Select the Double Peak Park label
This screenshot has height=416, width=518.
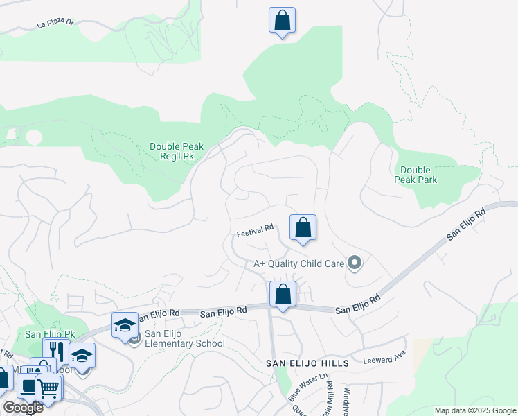coord(416,175)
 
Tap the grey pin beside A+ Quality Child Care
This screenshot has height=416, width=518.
coord(355,263)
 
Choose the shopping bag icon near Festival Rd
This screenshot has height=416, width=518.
coord(303,228)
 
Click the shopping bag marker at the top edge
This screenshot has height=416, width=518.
coord(282,21)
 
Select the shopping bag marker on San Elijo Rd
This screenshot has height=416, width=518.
coord(283,295)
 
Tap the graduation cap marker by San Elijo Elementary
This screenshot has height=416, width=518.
coord(125,326)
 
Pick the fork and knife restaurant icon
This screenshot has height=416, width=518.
coord(56,351)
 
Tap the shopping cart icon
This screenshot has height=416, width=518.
coord(48,388)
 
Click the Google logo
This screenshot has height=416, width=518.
coord(23,408)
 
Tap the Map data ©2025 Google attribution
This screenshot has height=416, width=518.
coord(475,410)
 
